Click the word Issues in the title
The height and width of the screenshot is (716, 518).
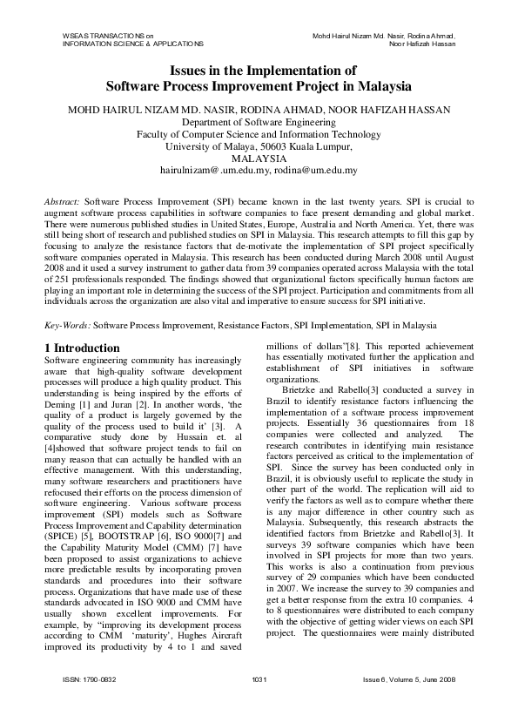[x=185, y=71]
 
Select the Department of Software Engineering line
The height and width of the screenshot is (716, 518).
[x=259, y=122]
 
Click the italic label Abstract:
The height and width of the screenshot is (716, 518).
[x=62, y=200]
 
